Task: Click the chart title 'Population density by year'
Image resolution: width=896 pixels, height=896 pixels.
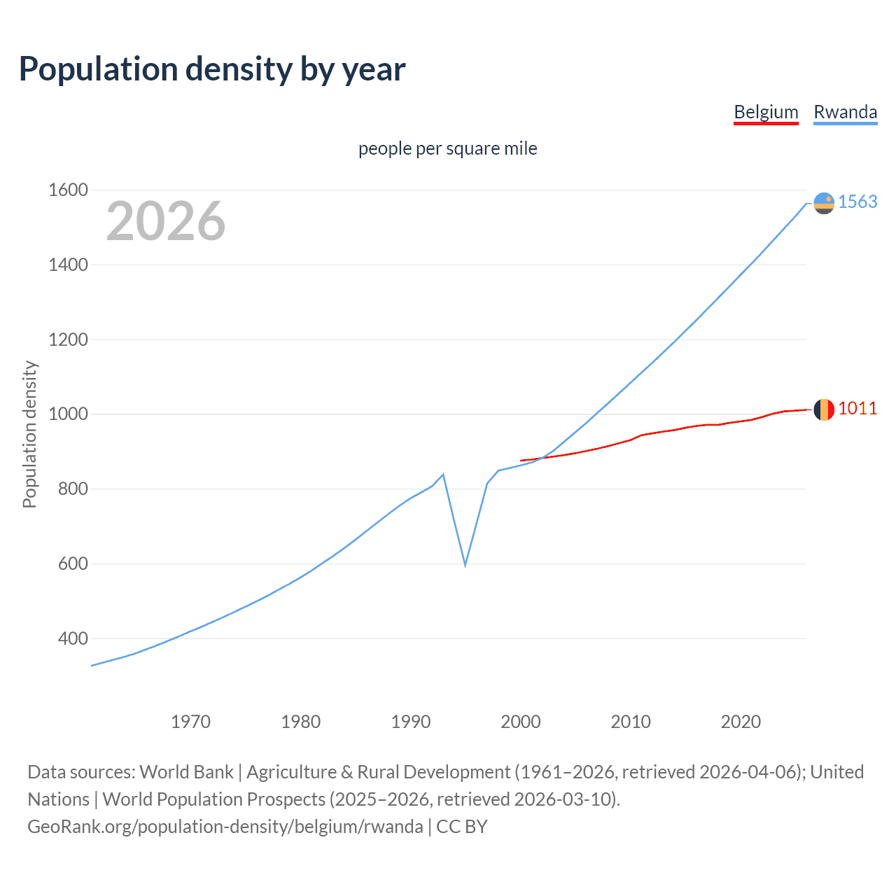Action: pos(212,69)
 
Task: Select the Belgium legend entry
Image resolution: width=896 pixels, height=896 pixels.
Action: pos(766,112)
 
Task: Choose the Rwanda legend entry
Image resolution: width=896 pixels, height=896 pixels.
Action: pos(845,112)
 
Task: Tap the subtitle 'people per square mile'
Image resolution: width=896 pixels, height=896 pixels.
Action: pos(447,148)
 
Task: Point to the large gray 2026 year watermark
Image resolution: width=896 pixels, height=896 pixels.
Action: pos(166,221)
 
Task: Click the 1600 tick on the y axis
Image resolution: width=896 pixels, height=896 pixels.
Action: pos(68,190)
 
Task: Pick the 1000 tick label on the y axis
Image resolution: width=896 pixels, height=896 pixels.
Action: pos(68,414)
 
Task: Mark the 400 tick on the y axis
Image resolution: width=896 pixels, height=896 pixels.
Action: pos(73,638)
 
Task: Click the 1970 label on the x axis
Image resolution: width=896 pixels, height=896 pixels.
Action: pos(190,722)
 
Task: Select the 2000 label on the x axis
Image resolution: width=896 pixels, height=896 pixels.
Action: pos(521,722)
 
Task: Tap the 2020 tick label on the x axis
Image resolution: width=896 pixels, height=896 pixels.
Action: pos(741,722)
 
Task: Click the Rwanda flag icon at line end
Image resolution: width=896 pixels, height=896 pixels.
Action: pos(824,203)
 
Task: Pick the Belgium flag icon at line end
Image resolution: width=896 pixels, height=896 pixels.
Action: pos(824,409)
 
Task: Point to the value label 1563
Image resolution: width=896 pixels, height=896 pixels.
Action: pos(857,202)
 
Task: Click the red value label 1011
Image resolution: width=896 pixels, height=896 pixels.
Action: pos(857,408)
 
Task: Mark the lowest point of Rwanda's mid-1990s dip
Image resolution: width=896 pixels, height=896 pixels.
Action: pos(465,564)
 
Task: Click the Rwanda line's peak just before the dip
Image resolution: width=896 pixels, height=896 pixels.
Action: pos(443,475)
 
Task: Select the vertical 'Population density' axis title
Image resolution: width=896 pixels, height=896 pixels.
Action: pos(29,434)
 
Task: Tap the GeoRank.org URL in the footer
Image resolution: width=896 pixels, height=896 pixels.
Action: pos(225,827)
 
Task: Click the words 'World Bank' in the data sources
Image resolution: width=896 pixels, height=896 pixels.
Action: pos(186,772)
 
